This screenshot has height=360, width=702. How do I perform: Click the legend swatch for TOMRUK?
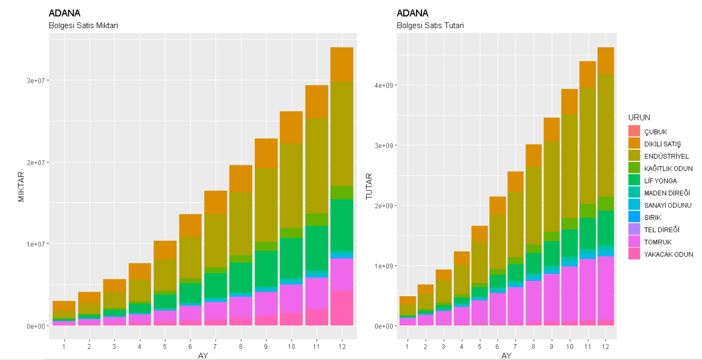[x=634, y=242]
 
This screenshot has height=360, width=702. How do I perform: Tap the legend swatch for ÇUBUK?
[x=634, y=132]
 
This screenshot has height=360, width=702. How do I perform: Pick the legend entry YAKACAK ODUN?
[x=668, y=254]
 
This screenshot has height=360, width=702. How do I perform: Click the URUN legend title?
[x=639, y=117]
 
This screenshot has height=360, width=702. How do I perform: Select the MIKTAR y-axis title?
[x=21, y=187]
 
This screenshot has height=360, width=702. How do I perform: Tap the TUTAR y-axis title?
[x=369, y=187]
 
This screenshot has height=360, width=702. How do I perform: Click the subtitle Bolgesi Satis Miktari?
[x=83, y=26]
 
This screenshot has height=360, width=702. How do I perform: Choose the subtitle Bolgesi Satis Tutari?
[x=430, y=26]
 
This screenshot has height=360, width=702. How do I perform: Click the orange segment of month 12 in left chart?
[x=341, y=64]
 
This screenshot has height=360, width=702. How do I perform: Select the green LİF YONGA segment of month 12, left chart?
[x=341, y=224]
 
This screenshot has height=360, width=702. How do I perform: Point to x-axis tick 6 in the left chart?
[x=190, y=347]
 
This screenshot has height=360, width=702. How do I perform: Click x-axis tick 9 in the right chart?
[x=551, y=347]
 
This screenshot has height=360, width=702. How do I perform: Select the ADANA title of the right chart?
[x=412, y=13]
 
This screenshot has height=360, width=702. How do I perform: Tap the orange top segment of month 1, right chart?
[x=408, y=300]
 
